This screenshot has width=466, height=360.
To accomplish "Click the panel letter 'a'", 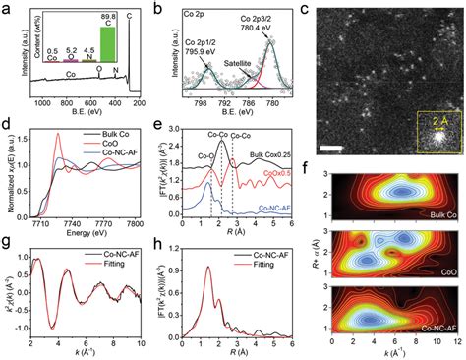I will [x=6, y=8].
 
